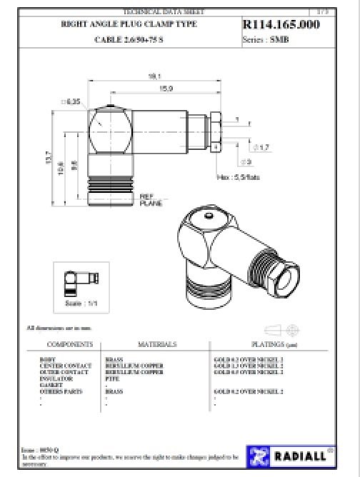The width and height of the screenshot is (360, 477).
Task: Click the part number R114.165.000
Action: click(281, 26)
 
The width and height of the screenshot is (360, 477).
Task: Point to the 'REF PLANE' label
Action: click(149, 199)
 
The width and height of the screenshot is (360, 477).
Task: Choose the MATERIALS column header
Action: click(156, 344)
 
